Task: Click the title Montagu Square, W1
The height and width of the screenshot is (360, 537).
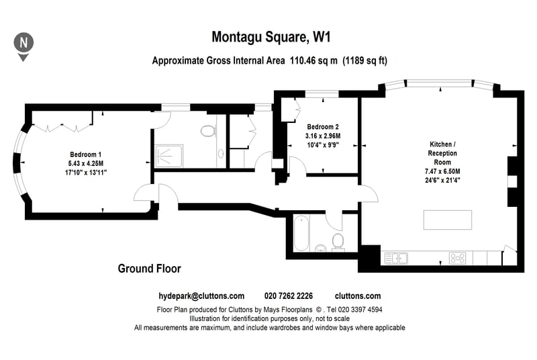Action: click(271, 37)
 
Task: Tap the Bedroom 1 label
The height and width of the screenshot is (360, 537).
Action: click(86, 154)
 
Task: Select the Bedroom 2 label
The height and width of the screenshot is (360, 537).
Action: click(323, 127)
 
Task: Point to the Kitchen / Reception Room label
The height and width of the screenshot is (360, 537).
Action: click(442, 153)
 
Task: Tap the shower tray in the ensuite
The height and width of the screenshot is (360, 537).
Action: click(169, 156)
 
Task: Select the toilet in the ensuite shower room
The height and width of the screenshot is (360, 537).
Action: click(208, 130)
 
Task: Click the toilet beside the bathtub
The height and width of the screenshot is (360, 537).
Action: click(338, 242)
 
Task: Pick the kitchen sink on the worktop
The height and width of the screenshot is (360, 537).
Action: click(396, 259)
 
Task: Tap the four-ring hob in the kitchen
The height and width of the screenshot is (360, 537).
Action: click(458, 259)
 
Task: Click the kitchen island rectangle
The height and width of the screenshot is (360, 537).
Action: click(448, 220)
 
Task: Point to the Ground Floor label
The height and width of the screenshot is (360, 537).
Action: click(149, 269)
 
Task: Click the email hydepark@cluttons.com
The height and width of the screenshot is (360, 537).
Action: click(201, 296)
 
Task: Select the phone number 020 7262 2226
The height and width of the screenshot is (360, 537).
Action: click(289, 296)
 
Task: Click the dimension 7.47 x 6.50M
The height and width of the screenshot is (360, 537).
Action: click(442, 171)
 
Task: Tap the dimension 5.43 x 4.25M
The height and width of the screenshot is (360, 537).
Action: click(86, 163)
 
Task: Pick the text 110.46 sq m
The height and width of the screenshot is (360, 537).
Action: click(313, 60)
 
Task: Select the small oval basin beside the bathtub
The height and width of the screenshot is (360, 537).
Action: click(321, 247)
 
